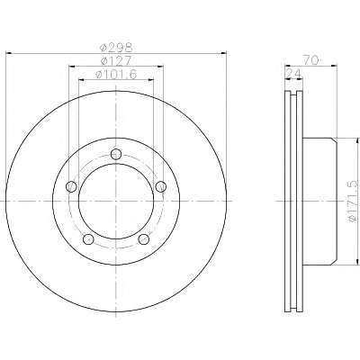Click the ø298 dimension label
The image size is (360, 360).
pos(116,47)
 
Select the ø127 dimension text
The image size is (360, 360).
pos(116,60)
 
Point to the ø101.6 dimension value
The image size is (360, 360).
pos(116,74)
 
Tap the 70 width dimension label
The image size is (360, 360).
pos(310,60)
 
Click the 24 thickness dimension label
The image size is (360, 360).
pos(293,74)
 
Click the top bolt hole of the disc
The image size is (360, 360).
pos(116,154)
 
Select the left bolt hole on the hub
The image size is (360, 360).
pos(71,186)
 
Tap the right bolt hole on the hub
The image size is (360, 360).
pos(161,186)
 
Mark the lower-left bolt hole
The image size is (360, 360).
pos(88,238)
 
